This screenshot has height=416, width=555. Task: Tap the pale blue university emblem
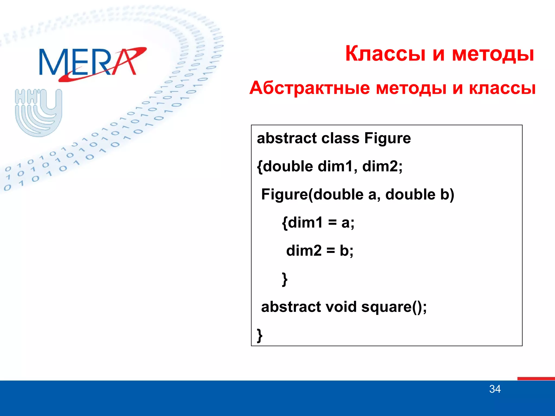click(x=38, y=112)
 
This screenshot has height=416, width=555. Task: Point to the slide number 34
click(x=495, y=389)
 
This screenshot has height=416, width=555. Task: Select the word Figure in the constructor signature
click(x=285, y=194)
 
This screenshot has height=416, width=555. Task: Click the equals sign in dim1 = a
click(x=332, y=223)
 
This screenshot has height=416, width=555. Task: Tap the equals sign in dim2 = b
click(x=331, y=251)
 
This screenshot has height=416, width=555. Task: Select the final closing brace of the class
click(x=260, y=336)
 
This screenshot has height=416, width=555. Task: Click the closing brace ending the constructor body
click(x=285, y=279)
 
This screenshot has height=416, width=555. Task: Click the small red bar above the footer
click(x=536, y=379)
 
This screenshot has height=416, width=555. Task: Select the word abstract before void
click(x=291, y=307)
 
